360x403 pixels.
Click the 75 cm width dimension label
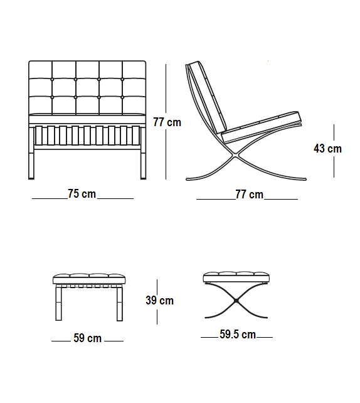click(x=82, y=194)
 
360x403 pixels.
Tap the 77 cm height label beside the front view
click(x=167, y=122)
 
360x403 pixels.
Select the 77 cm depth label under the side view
click(x=250, y=195)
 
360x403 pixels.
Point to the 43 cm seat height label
click(x=327, y=149)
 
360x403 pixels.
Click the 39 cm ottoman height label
click(x=160, y=301)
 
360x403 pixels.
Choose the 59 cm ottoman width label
click(x=88, y=338)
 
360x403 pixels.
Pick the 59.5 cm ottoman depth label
click(x=238, y=335)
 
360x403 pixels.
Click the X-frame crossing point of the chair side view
click(x=234, y=154)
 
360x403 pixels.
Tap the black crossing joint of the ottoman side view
click(x=236, y=301)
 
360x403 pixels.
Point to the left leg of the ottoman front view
click(x=58, y=303)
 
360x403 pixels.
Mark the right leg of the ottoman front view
click(x=120, y=303)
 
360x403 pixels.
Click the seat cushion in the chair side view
click(x=261, y=127)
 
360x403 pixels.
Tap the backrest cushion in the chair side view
click(x=208, y=97)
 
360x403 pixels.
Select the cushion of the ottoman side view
click(x=236, y=277)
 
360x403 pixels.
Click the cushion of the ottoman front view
click(x=89, y=279)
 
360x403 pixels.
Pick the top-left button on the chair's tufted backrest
click(x=53, y=80)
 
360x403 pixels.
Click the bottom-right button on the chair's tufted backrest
click(x=122, y=97)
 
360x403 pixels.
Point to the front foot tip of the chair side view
click(x=305, y=179)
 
